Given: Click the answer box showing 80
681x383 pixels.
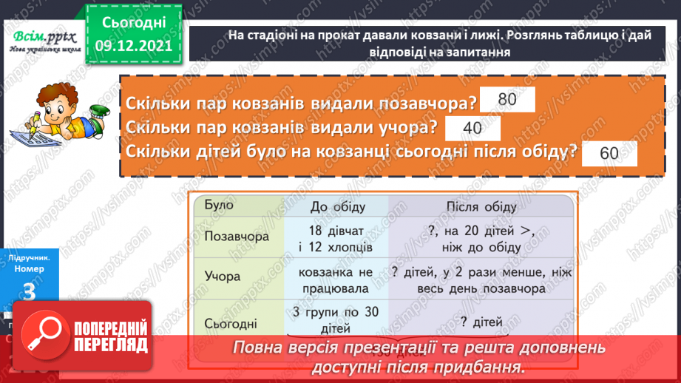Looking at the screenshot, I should (x=506, y=100).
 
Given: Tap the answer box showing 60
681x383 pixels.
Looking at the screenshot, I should (x=609, y=153).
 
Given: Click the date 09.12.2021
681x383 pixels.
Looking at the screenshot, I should (x=133, y=45).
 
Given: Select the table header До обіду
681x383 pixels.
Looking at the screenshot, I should (x=336, y=206).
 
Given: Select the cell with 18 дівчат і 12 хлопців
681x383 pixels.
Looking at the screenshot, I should (x=336, y=239).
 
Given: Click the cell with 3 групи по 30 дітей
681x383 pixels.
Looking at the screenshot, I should (x=336, y=319).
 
